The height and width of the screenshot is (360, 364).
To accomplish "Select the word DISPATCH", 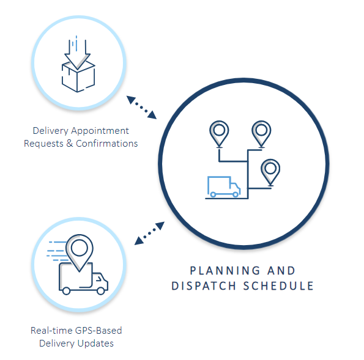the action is (204, 286).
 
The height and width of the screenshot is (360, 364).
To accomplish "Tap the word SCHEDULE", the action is (278, 286).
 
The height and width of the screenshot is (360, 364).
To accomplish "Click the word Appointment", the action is (100, 131).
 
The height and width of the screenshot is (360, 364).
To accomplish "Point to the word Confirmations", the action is (107, 144).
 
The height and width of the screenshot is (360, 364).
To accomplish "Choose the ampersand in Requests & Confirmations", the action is (70, 144).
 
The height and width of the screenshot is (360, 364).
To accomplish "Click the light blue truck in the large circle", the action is (224, 187).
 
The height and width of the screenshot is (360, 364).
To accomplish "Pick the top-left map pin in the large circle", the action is (219, 134).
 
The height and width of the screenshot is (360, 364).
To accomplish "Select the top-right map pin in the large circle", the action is (261, 134).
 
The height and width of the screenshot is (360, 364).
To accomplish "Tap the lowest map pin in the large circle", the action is (270, 172).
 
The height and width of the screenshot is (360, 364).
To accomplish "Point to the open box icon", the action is (78, 76).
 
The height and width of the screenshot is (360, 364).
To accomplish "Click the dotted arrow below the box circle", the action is (141, 108).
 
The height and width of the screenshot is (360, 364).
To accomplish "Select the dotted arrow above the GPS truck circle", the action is (149, 233).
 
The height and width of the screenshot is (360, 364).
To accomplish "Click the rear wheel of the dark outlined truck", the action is (67, 291).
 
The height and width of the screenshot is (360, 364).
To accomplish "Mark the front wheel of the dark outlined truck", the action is (101, 291).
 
